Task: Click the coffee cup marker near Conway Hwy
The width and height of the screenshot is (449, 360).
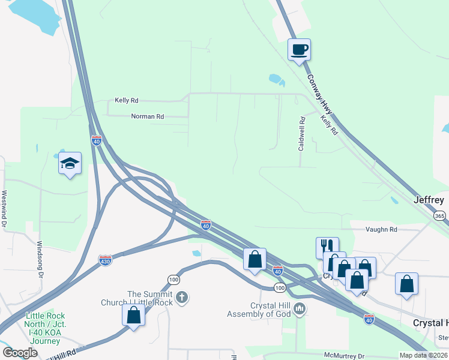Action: (298, 50)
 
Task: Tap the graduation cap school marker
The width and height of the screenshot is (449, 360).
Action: (70, 163)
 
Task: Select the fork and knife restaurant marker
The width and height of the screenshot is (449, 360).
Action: (327, 247)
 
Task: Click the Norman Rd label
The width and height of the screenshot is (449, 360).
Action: (147, 116)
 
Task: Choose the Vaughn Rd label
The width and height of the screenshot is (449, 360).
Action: (382, 229)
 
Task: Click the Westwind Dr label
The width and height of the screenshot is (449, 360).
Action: (4, 209)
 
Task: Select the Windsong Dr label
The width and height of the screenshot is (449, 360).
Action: (40, 259)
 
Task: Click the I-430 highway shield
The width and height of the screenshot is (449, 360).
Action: (106, 260)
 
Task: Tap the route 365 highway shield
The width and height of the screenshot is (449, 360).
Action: (441, 215)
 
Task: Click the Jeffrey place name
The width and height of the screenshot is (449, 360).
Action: (430, 200)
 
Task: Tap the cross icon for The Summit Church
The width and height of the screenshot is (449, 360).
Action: (182, 296)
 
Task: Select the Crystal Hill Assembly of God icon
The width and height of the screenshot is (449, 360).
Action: (300, 310)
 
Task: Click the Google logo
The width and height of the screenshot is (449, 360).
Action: (20, 353)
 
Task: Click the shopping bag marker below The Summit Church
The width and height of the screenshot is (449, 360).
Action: (133, 315)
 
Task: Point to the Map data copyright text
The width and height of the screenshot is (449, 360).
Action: (423, 355)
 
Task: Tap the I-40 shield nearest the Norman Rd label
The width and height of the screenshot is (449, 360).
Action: (97, 140)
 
